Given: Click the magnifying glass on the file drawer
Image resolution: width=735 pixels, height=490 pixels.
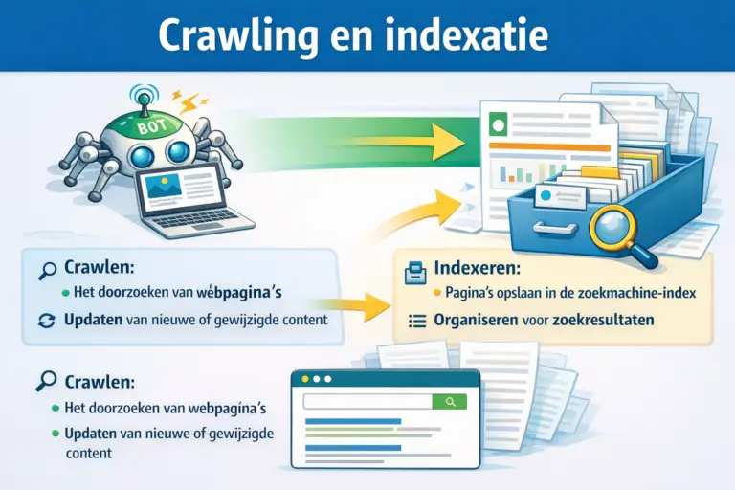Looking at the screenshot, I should click(x=612, y=232).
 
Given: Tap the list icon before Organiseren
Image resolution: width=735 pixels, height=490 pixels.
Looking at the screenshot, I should click(x=415, y=321).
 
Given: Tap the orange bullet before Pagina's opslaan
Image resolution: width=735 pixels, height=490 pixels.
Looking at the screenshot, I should click(x=436, y=293).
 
